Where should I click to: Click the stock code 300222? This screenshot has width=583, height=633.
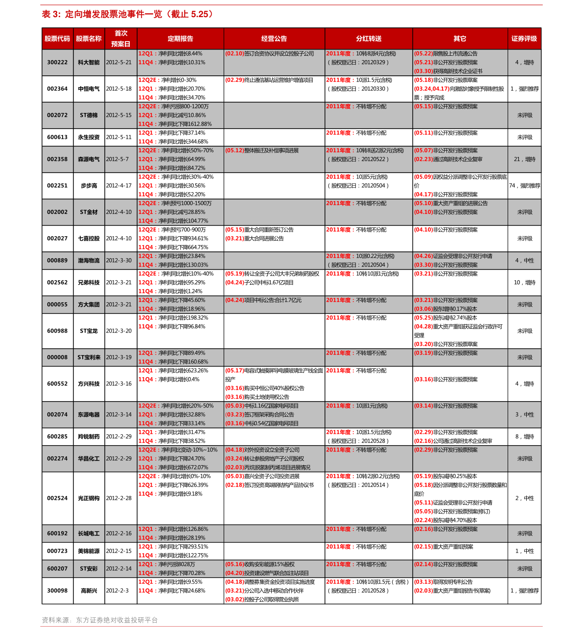point(57,63)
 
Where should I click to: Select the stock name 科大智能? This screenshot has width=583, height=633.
point(89,63)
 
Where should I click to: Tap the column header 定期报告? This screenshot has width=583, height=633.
point(180,39)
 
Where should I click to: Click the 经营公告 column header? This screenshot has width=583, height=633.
point(274,39)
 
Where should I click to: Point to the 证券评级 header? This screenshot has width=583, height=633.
point(524,39)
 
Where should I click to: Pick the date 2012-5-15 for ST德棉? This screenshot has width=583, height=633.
point(119,115)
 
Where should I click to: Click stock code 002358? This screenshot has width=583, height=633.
point(57,159)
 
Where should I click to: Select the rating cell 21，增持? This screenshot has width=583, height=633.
point(525,159)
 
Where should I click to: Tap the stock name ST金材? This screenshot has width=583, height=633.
point(89,212)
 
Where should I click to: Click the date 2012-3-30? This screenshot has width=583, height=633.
point(119,261)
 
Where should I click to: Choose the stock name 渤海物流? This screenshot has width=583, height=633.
point(89,261)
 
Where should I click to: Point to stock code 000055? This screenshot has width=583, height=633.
point(57,305)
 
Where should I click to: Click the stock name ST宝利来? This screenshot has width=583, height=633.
point(89,358)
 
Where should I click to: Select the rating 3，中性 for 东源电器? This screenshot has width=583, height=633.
point(525,415)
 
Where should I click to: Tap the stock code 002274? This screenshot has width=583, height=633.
point(57,459)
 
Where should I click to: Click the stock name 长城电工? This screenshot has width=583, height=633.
point(89,534)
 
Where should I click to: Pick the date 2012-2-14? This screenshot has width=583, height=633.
point(119,569)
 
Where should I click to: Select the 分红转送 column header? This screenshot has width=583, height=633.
point(369,39)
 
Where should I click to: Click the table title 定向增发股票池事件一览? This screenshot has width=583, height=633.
point(113,14)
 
